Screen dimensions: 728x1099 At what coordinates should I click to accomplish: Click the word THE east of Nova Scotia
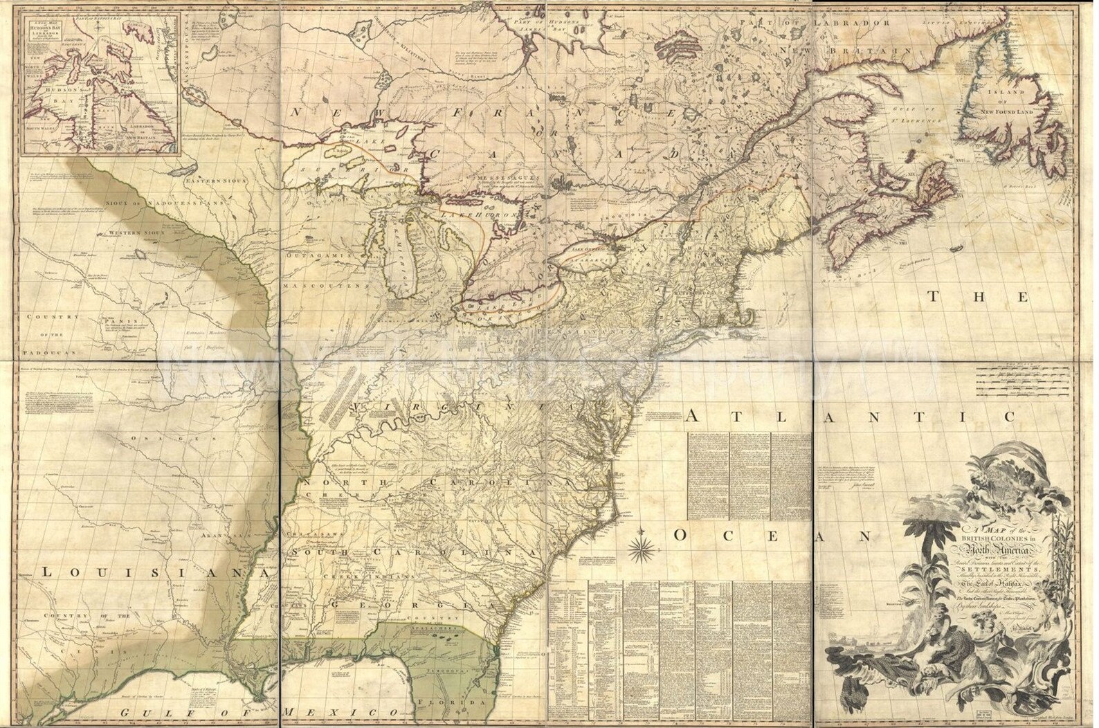click(974, 297)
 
